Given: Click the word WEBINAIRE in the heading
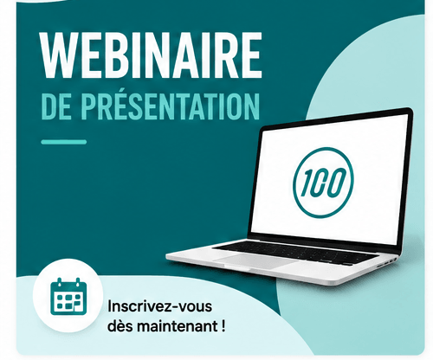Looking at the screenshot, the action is tap(152, 55).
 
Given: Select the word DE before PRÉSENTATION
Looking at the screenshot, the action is tap(56, 106).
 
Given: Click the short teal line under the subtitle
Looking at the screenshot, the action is tap(64, 142).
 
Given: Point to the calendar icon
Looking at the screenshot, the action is tap(68, 297).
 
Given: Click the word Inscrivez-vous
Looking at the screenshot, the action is tap(160, 306).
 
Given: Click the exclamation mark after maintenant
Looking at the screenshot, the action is tap(223, 326).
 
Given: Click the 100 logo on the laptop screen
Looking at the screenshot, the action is tap(323, 183).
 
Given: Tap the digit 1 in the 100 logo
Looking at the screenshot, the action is tap(307, 183).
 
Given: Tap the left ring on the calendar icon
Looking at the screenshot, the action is tap(59, 282).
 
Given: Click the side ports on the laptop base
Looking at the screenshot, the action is tap(387, 261).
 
